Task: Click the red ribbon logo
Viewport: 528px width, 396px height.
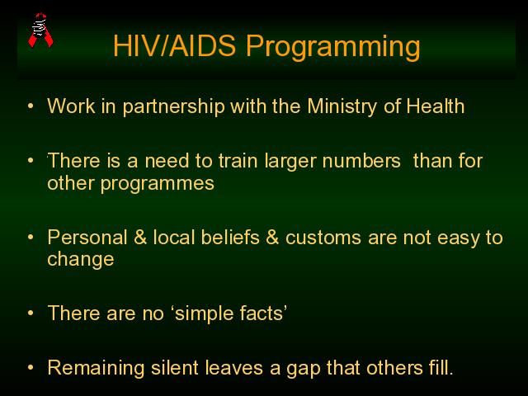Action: click(40, 31)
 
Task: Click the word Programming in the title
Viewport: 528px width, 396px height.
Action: click(333, 47)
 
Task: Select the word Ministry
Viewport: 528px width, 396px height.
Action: click(342, 107)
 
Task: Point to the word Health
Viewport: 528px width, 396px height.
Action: click(436, 106)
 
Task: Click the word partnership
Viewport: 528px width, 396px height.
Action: click(173, 107)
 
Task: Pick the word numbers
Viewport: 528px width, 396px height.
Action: click(361, 161)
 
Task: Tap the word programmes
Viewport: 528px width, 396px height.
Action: click(158, 185)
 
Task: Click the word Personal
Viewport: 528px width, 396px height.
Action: click(87, 237)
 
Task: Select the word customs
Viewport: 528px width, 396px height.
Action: click(323, 238)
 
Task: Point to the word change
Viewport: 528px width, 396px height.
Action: click(81, 260)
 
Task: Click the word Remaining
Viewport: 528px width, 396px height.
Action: click(97, 368)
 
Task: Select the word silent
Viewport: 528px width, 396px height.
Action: click(174, 367)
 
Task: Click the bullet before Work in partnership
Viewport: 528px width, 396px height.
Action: click(31, 106)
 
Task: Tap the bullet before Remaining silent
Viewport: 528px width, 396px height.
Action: click(31, 367)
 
